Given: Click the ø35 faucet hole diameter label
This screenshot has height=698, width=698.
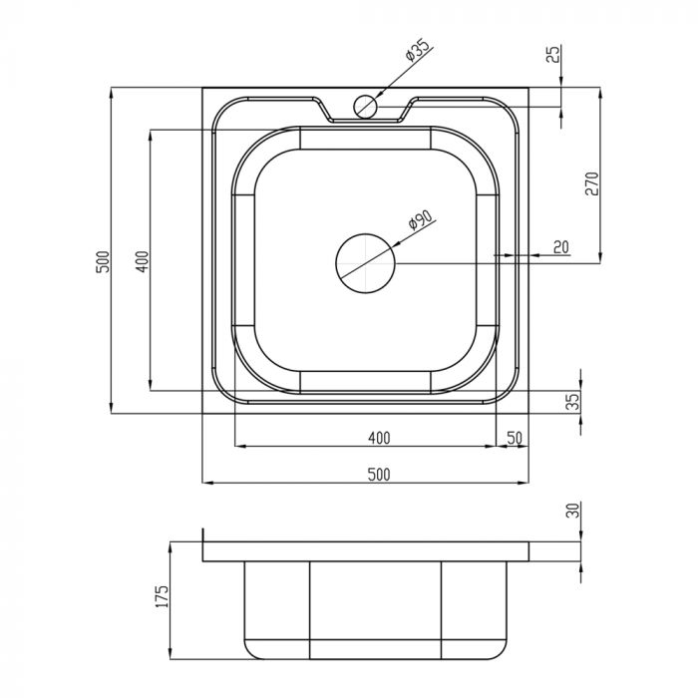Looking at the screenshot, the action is tap(418, 50).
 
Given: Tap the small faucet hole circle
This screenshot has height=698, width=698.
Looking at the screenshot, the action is tap(366, 107).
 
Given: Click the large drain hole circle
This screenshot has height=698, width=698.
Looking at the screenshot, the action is tap(366, 263).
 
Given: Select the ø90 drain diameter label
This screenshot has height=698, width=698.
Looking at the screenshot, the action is tap(420, 220).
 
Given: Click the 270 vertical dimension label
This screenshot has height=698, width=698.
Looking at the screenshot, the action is tap(592, 183).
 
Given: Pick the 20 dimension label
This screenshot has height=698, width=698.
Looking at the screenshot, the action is tap(561, 246).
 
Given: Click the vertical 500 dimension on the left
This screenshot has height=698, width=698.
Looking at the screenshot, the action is tap(103, 262).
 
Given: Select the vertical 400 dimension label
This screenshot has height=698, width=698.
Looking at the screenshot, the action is tap(142, 261).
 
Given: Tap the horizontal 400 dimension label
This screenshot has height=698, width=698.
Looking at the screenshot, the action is tap(379, 438).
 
